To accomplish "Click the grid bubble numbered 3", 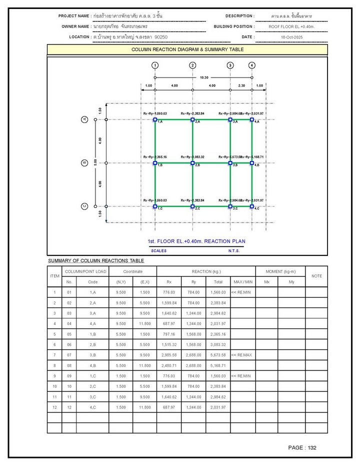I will click(x=230, y=65).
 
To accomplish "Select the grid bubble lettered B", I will click(x=85, y=162).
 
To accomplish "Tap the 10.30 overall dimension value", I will click(x=204, y=77).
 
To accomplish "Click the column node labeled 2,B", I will click(x=192, y=163).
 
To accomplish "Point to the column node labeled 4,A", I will click(x=252, y=120).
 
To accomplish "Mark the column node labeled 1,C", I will click(x=155, y=206).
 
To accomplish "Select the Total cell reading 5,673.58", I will click(x=218, y=355).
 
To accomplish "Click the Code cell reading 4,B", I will click(x=93, y=365).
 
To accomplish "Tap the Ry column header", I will click(x=193, y=282).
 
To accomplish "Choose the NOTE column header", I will click(x=316, y=276).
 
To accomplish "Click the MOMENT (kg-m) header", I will click(x=280, y=271).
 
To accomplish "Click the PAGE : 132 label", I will click(x=302, y=447).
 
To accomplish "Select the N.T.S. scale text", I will click(x=234, y=250).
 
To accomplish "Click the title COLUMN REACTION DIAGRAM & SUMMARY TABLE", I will click(x=187, y=49).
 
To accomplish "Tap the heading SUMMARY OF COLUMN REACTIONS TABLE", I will click(x=96, y=260).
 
